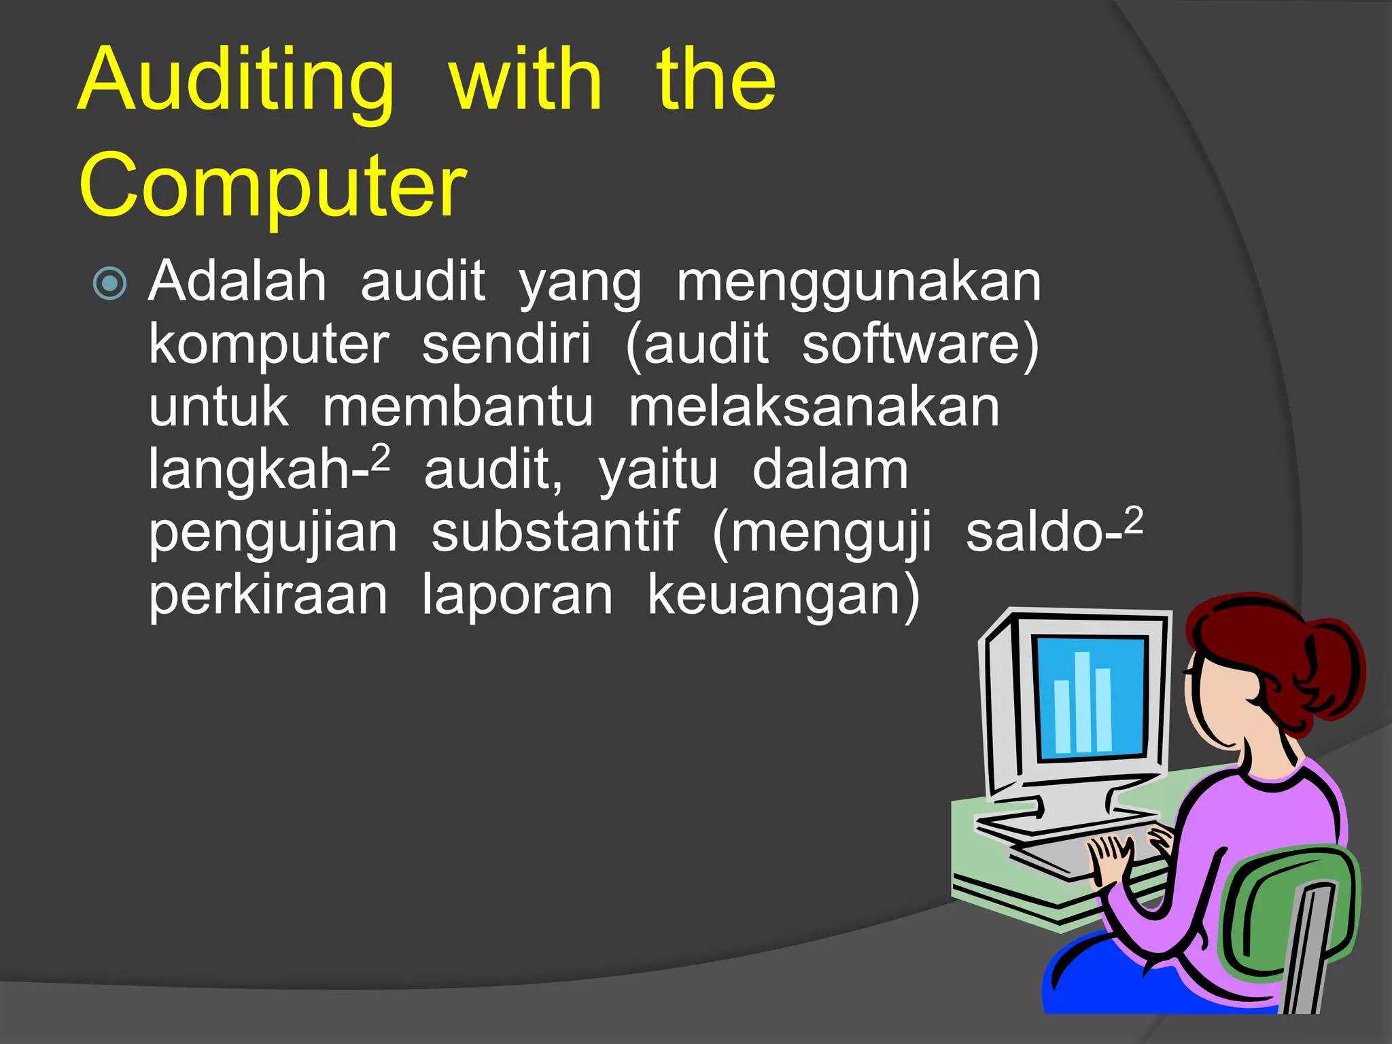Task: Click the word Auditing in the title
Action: pyautogui.click(x=235, y=80)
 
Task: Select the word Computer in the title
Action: pyautogui.click(x=273, y=186)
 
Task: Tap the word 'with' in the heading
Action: pyautogui.click(x=525, y=80)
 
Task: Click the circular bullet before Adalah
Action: pyautogui.click(x=110, y=283)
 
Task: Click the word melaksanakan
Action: pyautogui.click(x=814, y=408)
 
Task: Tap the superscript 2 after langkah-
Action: pyautogui.click(x=381, y=458)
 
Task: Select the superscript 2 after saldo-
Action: pyautogui.click(x=1134, y=521)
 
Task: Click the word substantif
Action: pyautogui.click(x=555, y=533)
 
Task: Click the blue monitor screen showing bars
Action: pyautogui.click(x=1090, y=697)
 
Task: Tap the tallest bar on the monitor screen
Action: pyautogui.click(x=1082, y=701)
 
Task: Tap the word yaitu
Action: pyautogui.click(x=658, y=470)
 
